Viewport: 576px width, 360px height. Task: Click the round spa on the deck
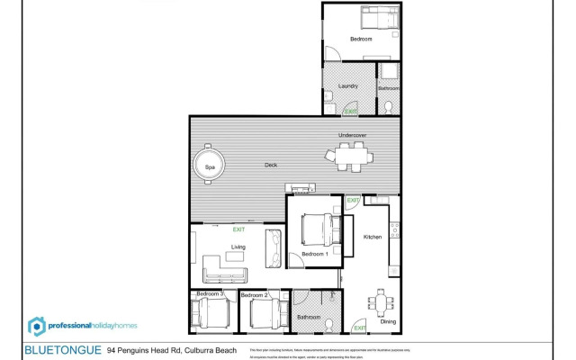pos(209,166)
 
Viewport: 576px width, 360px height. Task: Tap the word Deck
pos(271,166)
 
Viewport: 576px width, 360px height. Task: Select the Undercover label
pos(352,136)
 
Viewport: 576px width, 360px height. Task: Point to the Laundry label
pos(348,86)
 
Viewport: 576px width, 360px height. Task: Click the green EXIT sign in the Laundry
pos(350,112)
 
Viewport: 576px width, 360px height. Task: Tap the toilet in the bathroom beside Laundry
pos(389,107)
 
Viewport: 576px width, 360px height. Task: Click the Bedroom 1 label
pos(314,255)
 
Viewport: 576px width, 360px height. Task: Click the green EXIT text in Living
pos(238,229)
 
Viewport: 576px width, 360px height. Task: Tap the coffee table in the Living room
pos(235,256)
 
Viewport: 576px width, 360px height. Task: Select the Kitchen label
pos(372,237)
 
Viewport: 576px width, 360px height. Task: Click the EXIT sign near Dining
pos(359,327)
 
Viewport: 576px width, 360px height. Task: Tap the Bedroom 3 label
pos(210,294)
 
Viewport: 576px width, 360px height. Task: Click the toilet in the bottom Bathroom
pos(330,324)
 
